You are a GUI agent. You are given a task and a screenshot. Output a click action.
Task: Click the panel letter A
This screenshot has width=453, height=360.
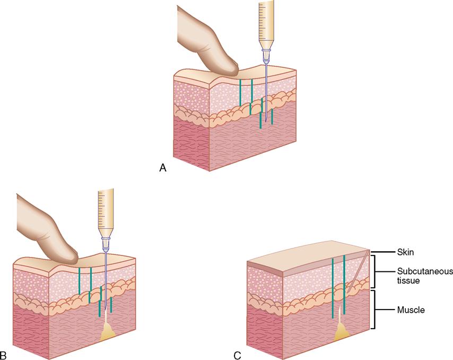[163, 168]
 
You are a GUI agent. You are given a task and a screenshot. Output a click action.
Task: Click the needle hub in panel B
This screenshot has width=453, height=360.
[106, 242]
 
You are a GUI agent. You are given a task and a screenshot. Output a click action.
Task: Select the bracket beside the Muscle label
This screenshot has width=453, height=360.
[377, 310]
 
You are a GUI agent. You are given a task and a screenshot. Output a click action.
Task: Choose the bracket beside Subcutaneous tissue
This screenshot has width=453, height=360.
[377, 271]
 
